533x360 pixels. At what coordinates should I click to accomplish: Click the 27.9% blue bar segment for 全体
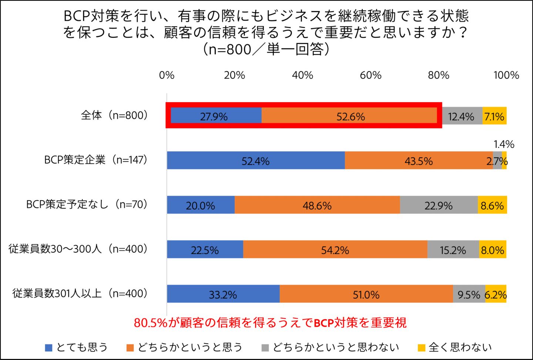pyautogui.click(x=215, y=116)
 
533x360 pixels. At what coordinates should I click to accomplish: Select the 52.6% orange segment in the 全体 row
pyautogui.click(x=350, y=116)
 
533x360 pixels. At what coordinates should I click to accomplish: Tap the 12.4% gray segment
pyautogui.click(x=461, y=116)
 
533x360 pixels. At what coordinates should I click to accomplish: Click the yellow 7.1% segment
pyautogui.click(x=495, y=116)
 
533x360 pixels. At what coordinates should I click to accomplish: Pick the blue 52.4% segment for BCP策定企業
pyautogui.click(x=255, y=161)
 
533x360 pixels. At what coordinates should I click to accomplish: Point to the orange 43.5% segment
pyautogui.click(x=418, y=161)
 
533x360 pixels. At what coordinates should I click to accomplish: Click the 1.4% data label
pyautogui.click(x=504, y=144)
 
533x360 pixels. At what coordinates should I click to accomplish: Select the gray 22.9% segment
pyautogui.click(x=439, y=205)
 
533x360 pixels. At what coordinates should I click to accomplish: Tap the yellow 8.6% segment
pyautogui.click(x=492, y=205)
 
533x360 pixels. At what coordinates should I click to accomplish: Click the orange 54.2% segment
pyautogui.click(x=335, y=250)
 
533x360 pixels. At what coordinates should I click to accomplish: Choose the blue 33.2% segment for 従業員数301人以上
pyautogui.click(x=223, y=294)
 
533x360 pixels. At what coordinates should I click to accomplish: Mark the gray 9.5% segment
pyautogui.click(x=469, y=294)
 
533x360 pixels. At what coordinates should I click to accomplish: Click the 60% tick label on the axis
pyautogui.click(x=371, y=75)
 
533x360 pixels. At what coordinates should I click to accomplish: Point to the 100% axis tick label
pyautogui.click(x=506, y=75)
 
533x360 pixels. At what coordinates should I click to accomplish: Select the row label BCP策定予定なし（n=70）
pyautogui.click(x=87, y=204)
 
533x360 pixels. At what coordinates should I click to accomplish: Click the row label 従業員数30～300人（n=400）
pyautogui.click(x=78, y=249)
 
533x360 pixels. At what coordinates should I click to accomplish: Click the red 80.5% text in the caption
pyautogui.click(x=151, y=323)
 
